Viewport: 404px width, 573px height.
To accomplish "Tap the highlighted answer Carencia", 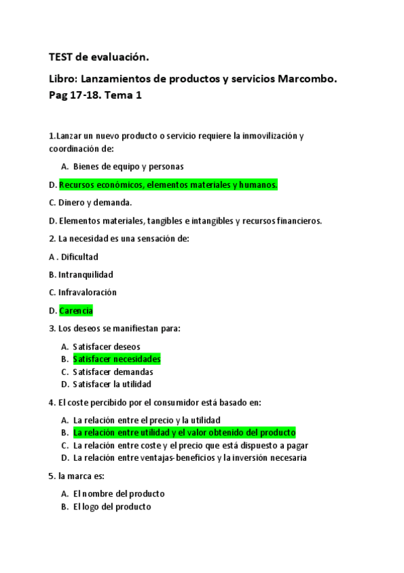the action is [x=76, y=311].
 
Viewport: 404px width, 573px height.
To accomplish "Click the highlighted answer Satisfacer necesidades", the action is [x=117, y=359].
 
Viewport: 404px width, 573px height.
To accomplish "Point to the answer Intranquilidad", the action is [x=86, y=274].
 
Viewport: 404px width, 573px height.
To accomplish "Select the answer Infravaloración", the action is [x=88, y=293].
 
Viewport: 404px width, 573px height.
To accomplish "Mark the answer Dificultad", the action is [x=78, y=257].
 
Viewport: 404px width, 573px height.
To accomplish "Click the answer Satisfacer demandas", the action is [x=113, y=372].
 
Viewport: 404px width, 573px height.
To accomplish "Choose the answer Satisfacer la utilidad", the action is [x=112, y=384].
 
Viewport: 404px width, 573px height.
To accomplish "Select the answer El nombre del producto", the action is [x=119, y=493].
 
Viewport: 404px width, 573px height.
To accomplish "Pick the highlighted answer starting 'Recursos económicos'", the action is [x=168, y=184].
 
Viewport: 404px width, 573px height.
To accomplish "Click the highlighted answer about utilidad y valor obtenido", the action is [x=184, y=432].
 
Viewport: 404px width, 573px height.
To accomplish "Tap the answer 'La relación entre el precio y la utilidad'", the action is [x=146, y=420].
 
